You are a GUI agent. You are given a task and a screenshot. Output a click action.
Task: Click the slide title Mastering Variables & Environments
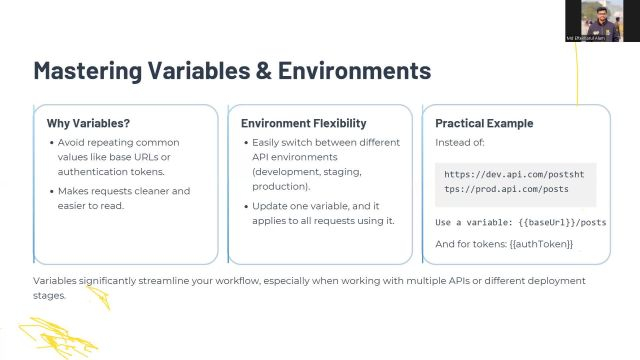click(x=232, y=71)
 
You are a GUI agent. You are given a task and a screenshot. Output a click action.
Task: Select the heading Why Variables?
click(x=88, y=124)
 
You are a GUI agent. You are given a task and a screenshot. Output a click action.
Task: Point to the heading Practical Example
click(x=484, y=124)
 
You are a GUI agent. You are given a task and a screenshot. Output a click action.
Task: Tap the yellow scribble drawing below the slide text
click(x=60, y=335)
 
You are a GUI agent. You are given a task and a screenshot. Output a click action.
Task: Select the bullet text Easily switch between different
click(x=321, y=143)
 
